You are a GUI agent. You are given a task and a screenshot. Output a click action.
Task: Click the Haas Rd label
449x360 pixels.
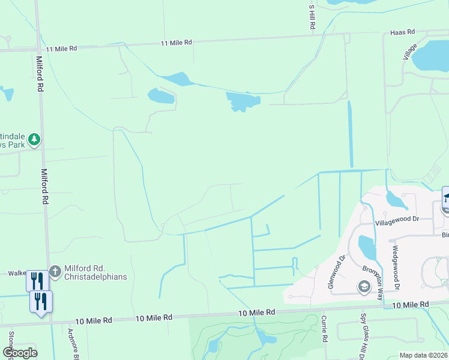(x=402, y=32)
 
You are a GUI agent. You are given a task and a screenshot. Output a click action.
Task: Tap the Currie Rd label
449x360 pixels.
(x=324, y=329)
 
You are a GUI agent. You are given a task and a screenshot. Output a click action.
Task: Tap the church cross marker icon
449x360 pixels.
(x=55, y=272)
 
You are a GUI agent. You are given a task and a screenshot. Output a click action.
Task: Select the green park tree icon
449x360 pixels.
(x=34, y=139)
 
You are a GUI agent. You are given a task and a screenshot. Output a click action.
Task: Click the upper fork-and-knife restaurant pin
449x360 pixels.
(x=37, y=280)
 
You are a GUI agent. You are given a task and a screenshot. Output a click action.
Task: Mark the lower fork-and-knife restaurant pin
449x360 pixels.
(x=41, y=301)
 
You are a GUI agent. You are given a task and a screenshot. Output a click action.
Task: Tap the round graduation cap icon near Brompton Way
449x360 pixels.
(x=364, y=286)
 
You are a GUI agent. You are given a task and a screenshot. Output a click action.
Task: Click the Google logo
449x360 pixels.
(x=20, y=352)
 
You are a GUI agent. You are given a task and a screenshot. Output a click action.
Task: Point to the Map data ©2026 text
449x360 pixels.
(x=423, y=355)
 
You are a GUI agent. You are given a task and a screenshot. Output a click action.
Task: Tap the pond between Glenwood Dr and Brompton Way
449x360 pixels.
(x=367, y=247)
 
